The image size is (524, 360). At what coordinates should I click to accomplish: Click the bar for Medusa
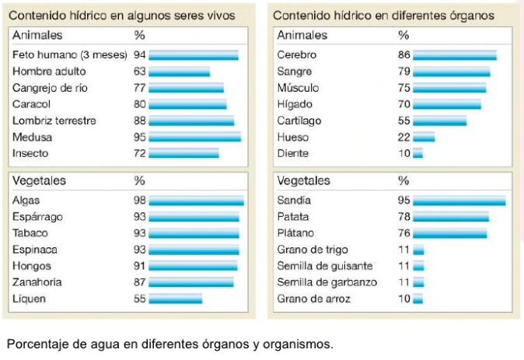194,138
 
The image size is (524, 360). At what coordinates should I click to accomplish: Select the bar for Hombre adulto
179,72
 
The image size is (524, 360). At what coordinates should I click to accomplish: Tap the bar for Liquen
175,299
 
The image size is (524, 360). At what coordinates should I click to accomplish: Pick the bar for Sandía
459,201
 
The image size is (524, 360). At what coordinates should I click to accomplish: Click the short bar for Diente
417,154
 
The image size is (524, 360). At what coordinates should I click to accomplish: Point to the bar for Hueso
424,138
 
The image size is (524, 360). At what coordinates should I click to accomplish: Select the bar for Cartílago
439,121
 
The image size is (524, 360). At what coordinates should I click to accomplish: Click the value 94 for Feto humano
140,55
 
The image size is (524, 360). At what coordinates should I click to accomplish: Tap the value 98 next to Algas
140,201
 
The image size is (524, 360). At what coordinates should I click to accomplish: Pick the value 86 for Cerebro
403,55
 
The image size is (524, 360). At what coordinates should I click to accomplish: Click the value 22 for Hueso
403,138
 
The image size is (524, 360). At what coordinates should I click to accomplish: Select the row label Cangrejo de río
51,89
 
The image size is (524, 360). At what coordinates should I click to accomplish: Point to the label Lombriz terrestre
54,121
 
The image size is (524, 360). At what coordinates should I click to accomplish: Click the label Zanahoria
38,282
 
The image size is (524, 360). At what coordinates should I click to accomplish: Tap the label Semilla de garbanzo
327,282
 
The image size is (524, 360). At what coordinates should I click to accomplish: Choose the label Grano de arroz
313,299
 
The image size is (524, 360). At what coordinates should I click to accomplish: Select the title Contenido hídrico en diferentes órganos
383,15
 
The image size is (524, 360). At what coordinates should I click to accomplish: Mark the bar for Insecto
183,154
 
